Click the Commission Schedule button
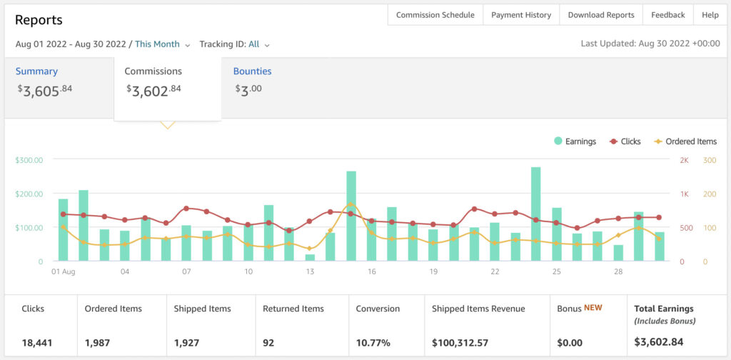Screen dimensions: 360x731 click(x=435, y=15)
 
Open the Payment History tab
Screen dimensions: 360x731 click(x=521, y=15)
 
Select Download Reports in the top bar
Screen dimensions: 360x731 click(x=601, y=15)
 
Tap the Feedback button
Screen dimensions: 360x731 click(x=667, y=15)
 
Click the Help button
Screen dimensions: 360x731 click(x=710, y=15)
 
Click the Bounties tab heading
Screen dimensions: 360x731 click(x=252, y=71)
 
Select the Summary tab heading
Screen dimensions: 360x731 click(x=36, y=71)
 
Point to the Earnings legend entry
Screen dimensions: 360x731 click(x=575, y=141)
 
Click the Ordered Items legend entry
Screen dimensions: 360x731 click(x=685, y=141)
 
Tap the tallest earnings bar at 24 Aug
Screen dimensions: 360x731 click(x=535, y=214)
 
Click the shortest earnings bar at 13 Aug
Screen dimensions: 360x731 click(x=310, y=257)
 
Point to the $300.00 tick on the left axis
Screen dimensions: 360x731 click(x=29, y=160)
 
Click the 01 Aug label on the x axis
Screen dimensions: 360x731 click(x=64, y=272)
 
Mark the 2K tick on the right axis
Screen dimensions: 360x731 click(x=684, y=160)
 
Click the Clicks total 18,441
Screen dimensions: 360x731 click(x=36, y=343)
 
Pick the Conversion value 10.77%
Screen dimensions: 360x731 click(x=373, y=343)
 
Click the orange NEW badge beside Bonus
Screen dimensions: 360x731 click(x=593, y=308)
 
